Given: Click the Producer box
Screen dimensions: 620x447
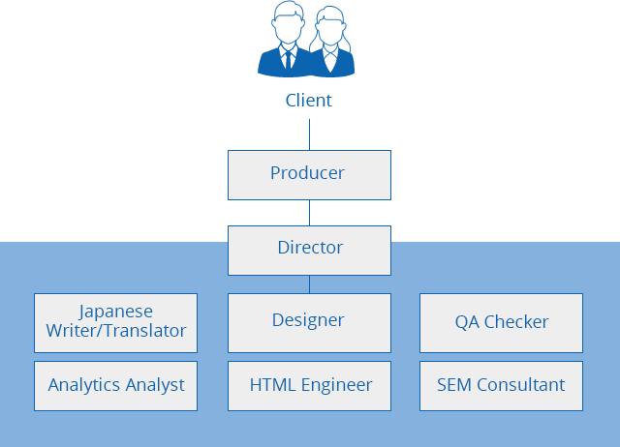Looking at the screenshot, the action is point(309,175).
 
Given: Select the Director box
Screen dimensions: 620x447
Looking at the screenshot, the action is point(309,251).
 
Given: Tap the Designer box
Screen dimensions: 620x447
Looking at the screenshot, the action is point(309,323).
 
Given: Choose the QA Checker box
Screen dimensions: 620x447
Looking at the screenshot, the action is point(501,323).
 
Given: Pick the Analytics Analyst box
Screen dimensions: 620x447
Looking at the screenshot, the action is point(115,386).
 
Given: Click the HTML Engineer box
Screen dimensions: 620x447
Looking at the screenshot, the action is point(309,386).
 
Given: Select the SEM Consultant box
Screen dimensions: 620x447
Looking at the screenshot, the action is point(501,386).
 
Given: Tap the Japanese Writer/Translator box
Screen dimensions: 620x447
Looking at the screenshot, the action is point(115,323).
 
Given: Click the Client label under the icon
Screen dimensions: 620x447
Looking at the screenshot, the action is point(308,101).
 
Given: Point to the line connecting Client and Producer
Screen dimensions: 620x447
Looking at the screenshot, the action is point(309,134).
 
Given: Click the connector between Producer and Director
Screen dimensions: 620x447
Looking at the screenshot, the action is point(309,213).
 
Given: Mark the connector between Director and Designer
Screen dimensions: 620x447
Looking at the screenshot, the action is point(309,284).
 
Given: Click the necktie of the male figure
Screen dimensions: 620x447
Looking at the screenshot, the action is point(289,60).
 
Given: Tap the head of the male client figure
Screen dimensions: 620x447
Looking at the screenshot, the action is point(289,22).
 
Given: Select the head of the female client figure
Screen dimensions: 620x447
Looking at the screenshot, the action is point(330,26).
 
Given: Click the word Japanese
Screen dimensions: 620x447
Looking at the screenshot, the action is point(115,313).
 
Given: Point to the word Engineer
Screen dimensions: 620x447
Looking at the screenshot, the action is point(336,386).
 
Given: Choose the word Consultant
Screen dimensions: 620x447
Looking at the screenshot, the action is point(521,385).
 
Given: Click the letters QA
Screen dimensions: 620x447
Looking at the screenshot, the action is point(467,322).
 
